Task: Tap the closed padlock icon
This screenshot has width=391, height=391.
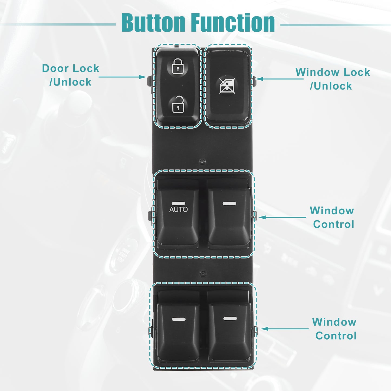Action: click(178, 66)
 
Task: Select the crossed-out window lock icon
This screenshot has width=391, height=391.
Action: click(227, 86)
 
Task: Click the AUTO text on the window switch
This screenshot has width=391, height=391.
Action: click(179, 209)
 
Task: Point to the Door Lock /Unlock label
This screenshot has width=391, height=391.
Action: click(71, 75)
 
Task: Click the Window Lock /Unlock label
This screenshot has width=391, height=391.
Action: click(333, 79)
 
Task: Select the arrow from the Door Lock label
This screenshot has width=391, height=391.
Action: click(122, 77)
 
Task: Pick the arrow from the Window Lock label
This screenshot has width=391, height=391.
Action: click(280, 79)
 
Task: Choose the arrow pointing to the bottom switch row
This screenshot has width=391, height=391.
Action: click(285, 329)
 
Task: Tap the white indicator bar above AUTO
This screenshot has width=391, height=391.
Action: click(178, 203)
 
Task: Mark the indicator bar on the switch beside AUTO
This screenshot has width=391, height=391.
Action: click(229, 203)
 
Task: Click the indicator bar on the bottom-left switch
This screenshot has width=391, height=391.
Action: click(179, 319)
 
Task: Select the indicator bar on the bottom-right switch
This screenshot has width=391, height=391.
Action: click(230, 318)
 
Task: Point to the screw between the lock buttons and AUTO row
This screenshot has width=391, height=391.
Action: click(202, 162)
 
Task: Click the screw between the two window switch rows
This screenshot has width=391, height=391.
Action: click(203, 274)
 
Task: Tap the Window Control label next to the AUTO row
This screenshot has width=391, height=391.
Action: click(332, 218)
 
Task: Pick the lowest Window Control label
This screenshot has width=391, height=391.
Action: click(334, 329)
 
